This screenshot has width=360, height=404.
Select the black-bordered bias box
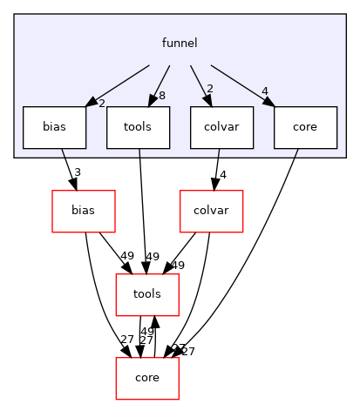(x=54, y=127)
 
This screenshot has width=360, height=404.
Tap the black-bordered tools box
(x=138, y=127)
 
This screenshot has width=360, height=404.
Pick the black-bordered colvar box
(x=221, y=127)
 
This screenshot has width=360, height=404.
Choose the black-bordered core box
(x=305, y=127)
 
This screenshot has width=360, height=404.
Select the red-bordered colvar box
(x=210, y=211)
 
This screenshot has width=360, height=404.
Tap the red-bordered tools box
(x=147, y=294)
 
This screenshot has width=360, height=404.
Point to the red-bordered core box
(x=147, y=378)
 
